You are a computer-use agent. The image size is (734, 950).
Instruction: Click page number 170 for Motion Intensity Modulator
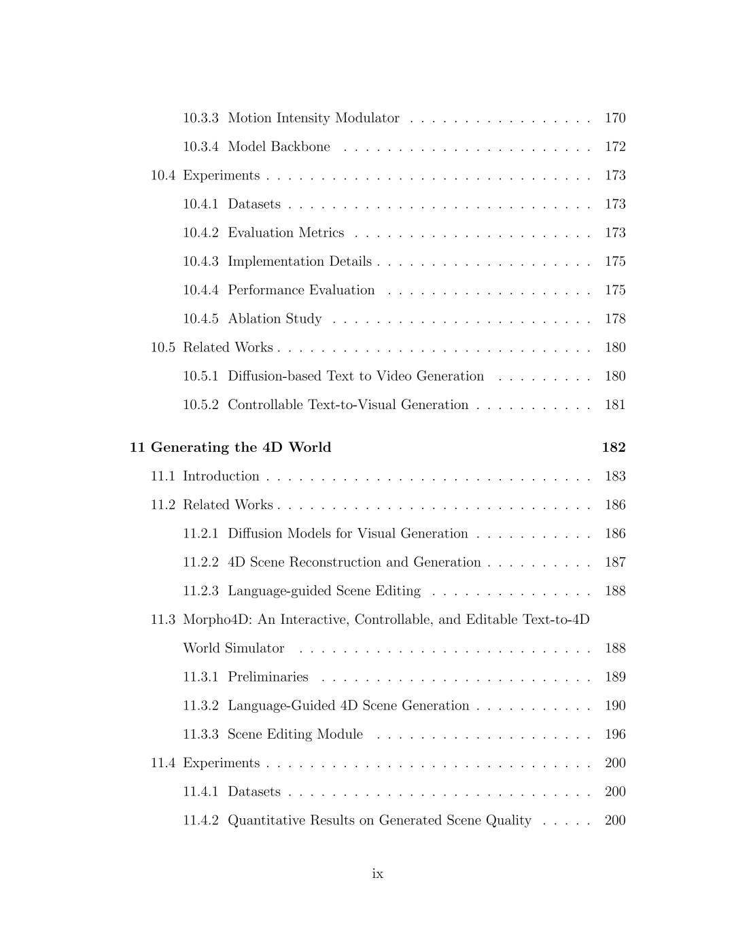coord(615,118)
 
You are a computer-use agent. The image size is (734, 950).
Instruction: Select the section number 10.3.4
coord(200,147)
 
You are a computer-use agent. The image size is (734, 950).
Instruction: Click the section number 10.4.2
coord(200,233)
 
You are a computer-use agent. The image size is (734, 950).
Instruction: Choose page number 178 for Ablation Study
coord(615,319)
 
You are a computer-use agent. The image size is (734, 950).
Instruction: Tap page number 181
coord(615,405)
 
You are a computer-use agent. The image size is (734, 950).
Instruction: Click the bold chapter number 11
coord(137,448)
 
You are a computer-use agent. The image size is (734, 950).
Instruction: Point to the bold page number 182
coord(614,448)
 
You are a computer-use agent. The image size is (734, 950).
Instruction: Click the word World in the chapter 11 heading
coord(310,448)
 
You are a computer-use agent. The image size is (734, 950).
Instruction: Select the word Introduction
coord(221,476)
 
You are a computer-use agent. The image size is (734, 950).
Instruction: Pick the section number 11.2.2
coord(200,563)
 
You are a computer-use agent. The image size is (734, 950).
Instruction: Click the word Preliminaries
coord(268,678)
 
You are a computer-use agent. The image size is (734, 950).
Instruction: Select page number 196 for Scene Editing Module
coord(615,735)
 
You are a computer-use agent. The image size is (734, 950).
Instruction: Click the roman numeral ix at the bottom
coord(378,874)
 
